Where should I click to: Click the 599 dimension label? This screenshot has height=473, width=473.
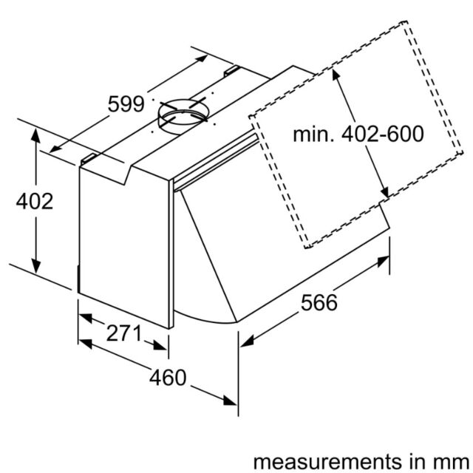(x=126, y=104)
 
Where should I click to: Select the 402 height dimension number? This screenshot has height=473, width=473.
(x=35, y=201)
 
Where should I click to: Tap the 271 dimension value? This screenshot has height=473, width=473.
(x=123, y=333)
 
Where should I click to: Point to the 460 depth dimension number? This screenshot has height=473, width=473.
(x=168, y=378)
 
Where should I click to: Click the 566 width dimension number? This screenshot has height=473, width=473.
(x=319, y=302)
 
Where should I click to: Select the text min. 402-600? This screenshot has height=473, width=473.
(x=358, y=134)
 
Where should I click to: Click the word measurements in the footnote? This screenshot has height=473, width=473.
(x=327, y=461)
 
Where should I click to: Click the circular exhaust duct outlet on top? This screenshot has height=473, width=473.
(x=183, y=117)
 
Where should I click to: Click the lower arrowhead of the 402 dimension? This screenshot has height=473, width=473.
(x=35, y=266)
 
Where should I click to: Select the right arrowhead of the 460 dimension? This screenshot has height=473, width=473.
(x=230, y=401)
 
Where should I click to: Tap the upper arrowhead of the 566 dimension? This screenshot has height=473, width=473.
(x=383, y=261)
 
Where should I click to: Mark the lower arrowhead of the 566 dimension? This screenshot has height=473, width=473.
(x=247, y=341)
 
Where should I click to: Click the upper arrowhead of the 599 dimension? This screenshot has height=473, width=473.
(x=202, y=59)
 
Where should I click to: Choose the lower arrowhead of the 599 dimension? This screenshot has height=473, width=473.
(x=55, y=149)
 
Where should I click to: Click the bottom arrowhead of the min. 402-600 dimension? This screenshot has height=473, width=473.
(x=385, y=191)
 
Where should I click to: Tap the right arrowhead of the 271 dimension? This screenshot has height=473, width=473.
(x=160, y=345)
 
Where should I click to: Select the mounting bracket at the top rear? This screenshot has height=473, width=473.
(x=231, y=71)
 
